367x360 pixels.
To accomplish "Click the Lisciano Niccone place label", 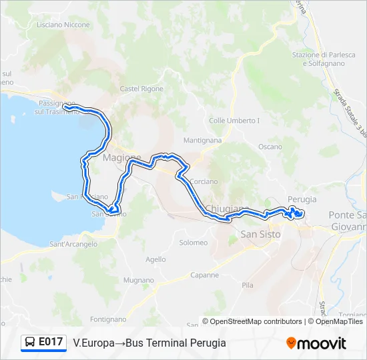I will [63, 25].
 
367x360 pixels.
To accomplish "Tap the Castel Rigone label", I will [141, 89].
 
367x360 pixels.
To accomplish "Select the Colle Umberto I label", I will [234, 121].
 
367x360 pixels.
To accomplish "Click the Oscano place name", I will [270, 147].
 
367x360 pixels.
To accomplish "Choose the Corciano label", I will [204, 181].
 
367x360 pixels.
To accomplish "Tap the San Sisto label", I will [260, 234].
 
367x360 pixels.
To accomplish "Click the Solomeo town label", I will [194, 243].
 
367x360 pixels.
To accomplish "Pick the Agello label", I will [155, 259].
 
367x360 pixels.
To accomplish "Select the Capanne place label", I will [205, 275].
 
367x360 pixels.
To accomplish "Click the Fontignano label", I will [108, 319].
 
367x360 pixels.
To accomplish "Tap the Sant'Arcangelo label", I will [73, 244].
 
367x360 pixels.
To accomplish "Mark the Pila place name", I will [248, 285].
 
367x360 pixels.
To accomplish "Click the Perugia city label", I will [302, 199].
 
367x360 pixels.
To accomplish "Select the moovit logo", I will [316, 343].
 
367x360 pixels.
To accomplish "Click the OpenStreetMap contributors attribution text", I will [252, 321].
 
